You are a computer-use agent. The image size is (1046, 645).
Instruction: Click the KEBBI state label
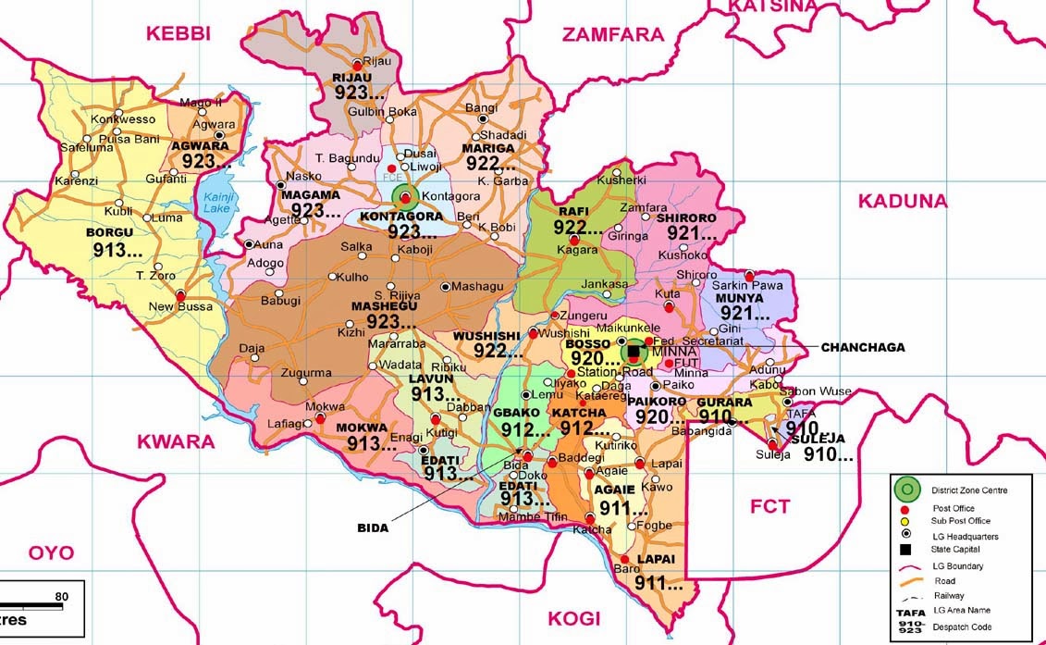pyautogui.click(x=178, y=34)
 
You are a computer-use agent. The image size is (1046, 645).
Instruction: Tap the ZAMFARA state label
pyautogui.click(x=614, y=35)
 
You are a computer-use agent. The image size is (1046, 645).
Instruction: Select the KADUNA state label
pyautogui.click(x=904, y=201)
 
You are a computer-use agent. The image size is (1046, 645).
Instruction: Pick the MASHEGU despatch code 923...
pyautogui.click(x=389, y=321)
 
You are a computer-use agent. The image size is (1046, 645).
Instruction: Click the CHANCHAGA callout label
pyautogui.click(x=862, y=347)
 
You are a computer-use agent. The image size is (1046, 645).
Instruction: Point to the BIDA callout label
pyautogui.click(x=373, y=527)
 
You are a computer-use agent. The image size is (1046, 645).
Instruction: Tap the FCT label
pyautogui.click(x=769, y=506)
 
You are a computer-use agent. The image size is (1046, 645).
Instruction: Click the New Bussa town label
pyautogui.click(x=180, y=306)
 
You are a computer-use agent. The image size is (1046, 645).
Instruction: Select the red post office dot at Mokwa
pyautogui.click(x=320, y=418)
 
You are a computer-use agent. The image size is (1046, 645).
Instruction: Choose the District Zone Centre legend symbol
pyautogui.click(x=908, y=489)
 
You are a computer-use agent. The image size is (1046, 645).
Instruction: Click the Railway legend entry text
pyautogui.click(x=949, y=596)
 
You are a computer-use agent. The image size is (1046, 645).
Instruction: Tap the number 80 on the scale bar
pyautogui.click(x=62, y=596)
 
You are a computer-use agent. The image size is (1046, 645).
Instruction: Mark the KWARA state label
pyautogui.click(x=175, y=441)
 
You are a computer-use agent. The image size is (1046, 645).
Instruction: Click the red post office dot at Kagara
pyautogui.click(x=573, y=241)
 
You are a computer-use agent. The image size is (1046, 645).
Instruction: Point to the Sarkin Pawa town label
pyautogui.click(x=747, y=285)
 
